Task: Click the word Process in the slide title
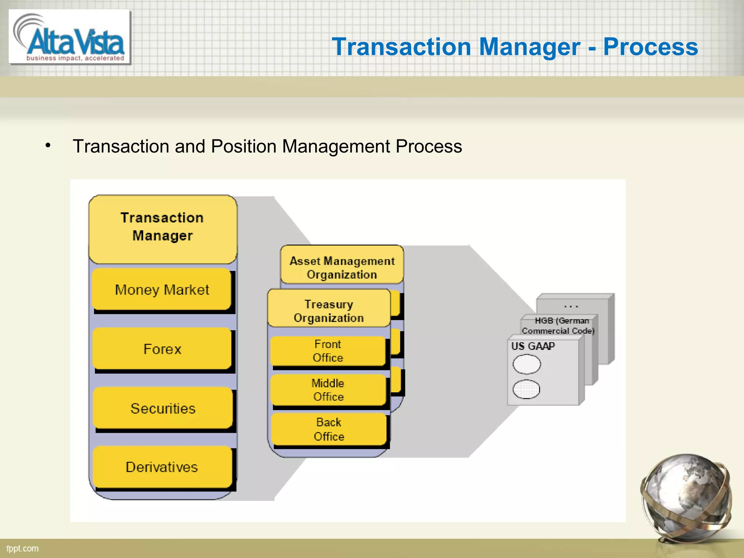tap(650, 47)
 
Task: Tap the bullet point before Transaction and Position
tap(48, 146)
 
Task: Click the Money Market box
tap(162, 290)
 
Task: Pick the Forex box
tap(162, 349)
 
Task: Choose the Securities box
tap(163, 408)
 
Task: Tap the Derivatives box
tap(162, 467)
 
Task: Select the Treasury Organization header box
tap(329, 311)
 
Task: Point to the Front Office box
tap(328, 351)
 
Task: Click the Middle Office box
tap(328, 390)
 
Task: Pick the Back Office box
tap(329, 429)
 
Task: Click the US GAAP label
tap(533, 346)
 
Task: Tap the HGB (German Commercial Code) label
tap(558, 325)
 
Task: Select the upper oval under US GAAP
tap(527, 364)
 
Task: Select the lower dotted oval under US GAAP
tap(526, 389)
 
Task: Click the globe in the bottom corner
tap(686, 497)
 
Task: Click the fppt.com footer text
tap(23, 549)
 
